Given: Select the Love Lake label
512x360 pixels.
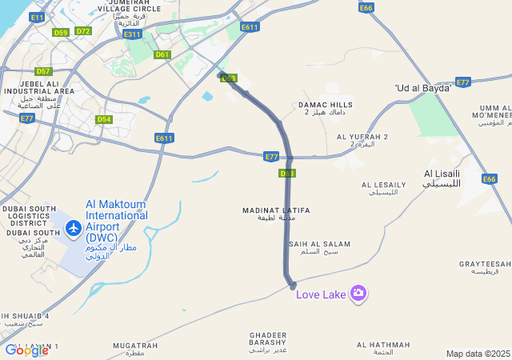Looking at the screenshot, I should tap(321, 295).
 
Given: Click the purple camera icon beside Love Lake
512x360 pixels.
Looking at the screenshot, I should tap(358, 294).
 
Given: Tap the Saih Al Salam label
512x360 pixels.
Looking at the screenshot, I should tap(319, 247).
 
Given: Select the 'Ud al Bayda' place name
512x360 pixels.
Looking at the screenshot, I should tap(423, 87).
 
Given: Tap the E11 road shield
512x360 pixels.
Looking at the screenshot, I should tap(37, 17).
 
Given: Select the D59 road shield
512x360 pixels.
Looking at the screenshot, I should tap(61, 32).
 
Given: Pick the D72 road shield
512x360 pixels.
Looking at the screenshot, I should tap(83, 31).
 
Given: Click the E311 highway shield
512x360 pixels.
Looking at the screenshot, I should tap(132, 34).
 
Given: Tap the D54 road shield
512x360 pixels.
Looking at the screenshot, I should tap(104, 119).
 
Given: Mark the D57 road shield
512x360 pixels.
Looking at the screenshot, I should tap(43, 71).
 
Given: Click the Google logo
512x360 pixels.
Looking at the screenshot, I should tap(26, 350).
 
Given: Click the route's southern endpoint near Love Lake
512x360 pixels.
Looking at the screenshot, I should tap(292, 285).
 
